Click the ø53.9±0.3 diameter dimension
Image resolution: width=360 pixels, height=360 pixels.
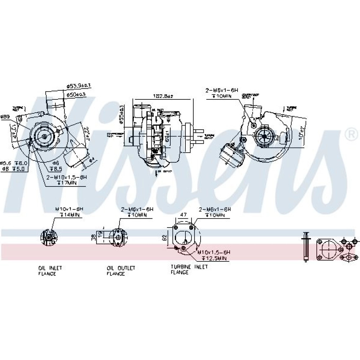pyautogui.click(x=78, y=86)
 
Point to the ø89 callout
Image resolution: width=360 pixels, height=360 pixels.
pyautogui.click(x=5, y=117)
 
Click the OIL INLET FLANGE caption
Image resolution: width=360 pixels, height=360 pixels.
pyautogui.click(x=47, y=271)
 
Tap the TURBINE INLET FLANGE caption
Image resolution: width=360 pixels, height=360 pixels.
pyautogui.click(x=185, y=270)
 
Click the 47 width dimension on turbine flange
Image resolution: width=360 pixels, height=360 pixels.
pyautogui.click(x=183, y=215)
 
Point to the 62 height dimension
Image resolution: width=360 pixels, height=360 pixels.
pyautogui.click(x=165, y=237)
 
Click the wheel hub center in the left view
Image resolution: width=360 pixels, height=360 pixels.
pyautogui.click(x=44, y=136)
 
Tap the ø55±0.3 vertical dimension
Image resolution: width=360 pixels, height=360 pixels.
pyautogui.click(x=122, y=114)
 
